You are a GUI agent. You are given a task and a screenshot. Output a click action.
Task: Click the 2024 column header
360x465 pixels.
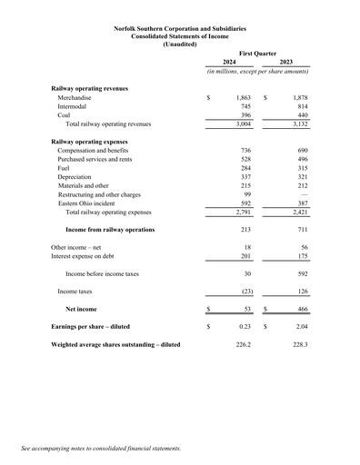(230, 62)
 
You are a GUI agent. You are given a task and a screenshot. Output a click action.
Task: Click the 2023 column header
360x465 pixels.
(285, 62)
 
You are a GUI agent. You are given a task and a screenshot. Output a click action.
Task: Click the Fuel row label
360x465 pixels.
(65, 168)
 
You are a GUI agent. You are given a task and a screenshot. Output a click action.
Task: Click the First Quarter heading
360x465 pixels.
(257, 54)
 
